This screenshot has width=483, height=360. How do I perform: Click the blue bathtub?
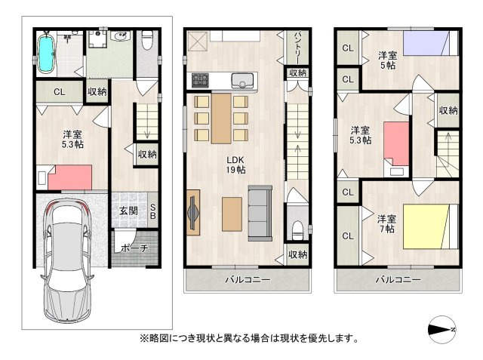coord(47,53)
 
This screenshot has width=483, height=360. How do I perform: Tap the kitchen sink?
coord(244,79)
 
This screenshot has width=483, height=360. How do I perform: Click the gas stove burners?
coord(201,79)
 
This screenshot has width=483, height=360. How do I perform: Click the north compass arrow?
coord(441,330)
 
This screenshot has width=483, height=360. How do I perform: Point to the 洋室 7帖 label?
coord(386,223)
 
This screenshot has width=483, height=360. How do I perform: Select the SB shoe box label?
coord(152,211)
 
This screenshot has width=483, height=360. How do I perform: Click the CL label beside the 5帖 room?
coord(348,49)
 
